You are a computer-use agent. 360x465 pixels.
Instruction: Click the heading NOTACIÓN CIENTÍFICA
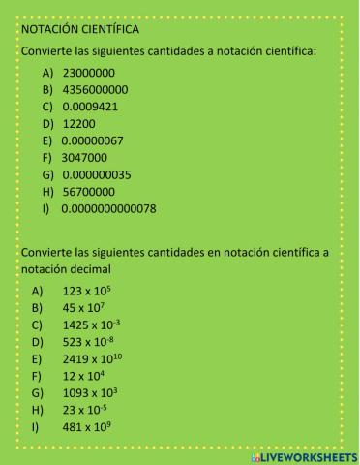click(x=80, y=30)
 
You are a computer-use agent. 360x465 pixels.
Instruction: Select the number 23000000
click(x=88, y=73)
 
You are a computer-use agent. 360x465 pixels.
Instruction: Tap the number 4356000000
click(x=94, y=90)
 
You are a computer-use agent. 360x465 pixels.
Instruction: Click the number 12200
click(x=78, y=124)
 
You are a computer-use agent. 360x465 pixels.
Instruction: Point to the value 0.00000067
click(x=93, y=140)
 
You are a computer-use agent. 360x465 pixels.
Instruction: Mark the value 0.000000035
click(x=96, y=174)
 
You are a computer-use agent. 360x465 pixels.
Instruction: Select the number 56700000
click(x=88, y=191)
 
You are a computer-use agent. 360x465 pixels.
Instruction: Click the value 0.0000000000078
click(x=108, y=207)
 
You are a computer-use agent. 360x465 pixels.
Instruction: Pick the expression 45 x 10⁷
click(x=82, y=307)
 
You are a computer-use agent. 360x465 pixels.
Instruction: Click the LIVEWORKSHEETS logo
click(x=304, y=455)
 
